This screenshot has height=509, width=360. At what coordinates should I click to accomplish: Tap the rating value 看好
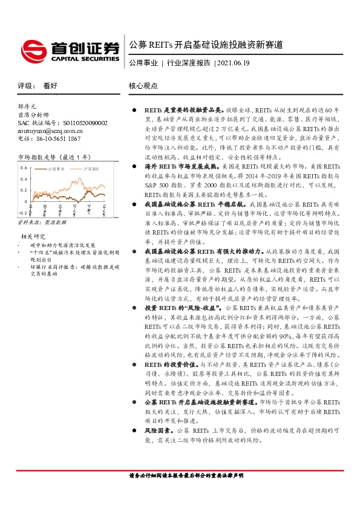pos(50,86)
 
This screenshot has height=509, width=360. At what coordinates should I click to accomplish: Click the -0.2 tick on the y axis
pos(22,213)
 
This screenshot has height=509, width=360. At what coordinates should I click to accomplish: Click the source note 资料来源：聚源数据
pos(42,223)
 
